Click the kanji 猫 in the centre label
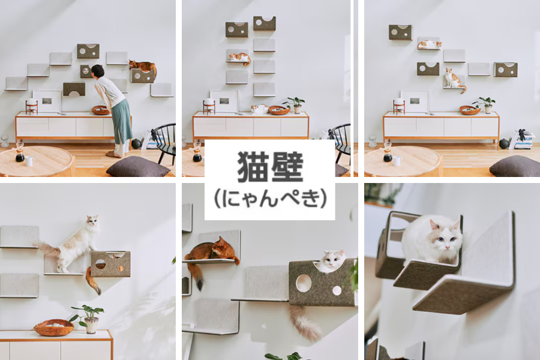tap(252, 166)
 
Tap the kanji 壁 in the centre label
tap(287, 166)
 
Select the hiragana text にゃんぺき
tap(270, 199)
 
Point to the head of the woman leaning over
tap(98, 71)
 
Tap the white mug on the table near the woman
tap(29, 161)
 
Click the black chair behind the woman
tap(163, 140)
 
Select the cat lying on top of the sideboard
tap(259, 109)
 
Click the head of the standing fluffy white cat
tap(92, 224)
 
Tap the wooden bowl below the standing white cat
tap(53, 327)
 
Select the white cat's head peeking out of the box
tap(333, 260)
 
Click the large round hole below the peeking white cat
tap(304, 283)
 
